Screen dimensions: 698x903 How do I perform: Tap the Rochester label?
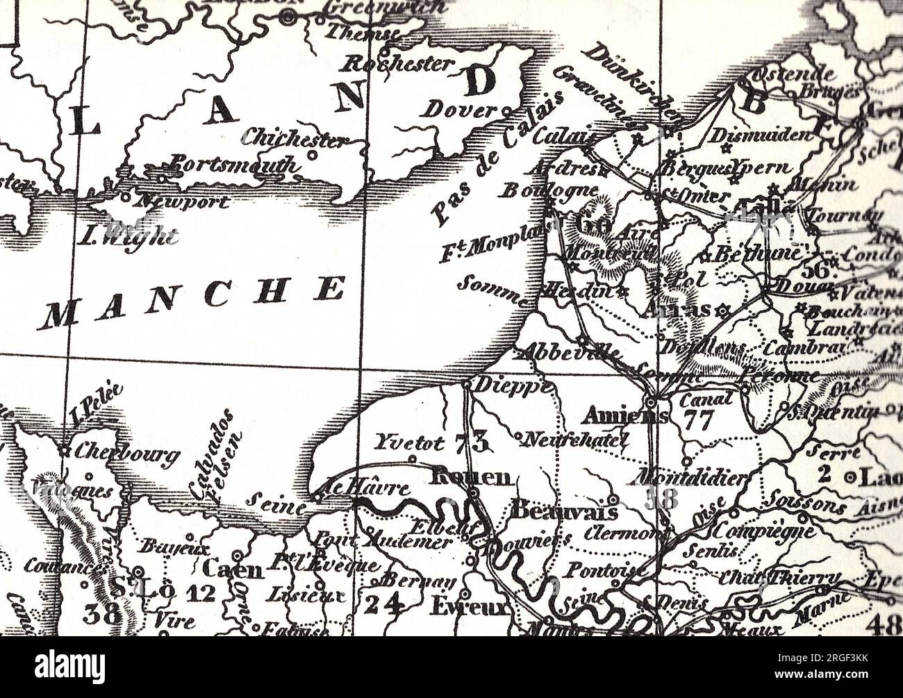[x=399, y=64]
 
